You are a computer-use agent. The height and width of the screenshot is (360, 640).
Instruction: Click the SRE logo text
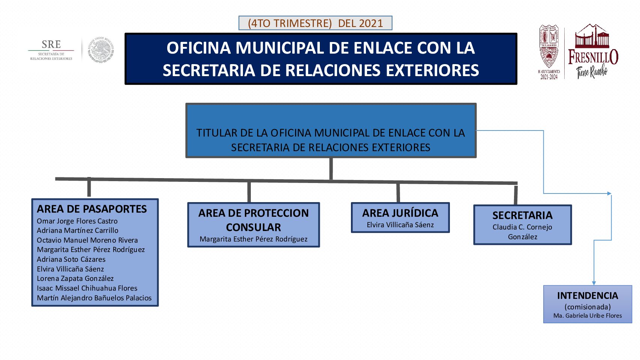(51, 44)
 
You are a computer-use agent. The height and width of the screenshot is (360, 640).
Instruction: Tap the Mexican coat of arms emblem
(100, 50)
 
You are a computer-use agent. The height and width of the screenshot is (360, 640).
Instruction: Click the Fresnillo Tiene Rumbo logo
(593, 51)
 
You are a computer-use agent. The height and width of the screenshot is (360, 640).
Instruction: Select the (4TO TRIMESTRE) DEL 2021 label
(315, 23)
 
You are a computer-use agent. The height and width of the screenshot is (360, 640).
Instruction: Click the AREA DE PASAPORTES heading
(92, 209)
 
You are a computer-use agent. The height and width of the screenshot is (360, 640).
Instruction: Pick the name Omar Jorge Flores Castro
(77, 221)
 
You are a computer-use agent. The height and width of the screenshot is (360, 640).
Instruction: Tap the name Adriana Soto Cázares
(71, 259)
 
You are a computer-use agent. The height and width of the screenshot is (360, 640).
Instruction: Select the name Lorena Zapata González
(75, 279)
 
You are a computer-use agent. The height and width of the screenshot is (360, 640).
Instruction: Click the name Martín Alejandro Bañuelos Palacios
(94, 298)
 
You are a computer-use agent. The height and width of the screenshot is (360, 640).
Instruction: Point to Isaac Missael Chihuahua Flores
(87, 288)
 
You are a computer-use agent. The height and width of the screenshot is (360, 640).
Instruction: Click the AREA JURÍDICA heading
(400, 213)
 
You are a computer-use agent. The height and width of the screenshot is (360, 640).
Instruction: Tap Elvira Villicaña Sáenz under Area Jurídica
(400, 225)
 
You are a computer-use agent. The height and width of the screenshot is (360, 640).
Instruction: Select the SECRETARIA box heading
(523, 215)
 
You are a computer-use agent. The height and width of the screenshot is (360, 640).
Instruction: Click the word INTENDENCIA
(588, 296)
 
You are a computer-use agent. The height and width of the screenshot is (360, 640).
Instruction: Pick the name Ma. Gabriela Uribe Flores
(588, 316)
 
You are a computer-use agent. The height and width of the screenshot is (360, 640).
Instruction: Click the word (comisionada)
(588, 307)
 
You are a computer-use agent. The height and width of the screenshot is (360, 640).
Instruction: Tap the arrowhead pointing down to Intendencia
(594, 283)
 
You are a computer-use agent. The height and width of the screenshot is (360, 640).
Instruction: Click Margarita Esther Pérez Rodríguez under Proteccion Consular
(253, 239)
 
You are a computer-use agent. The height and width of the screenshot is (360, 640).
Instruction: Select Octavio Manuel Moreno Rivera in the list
(87, 240)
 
